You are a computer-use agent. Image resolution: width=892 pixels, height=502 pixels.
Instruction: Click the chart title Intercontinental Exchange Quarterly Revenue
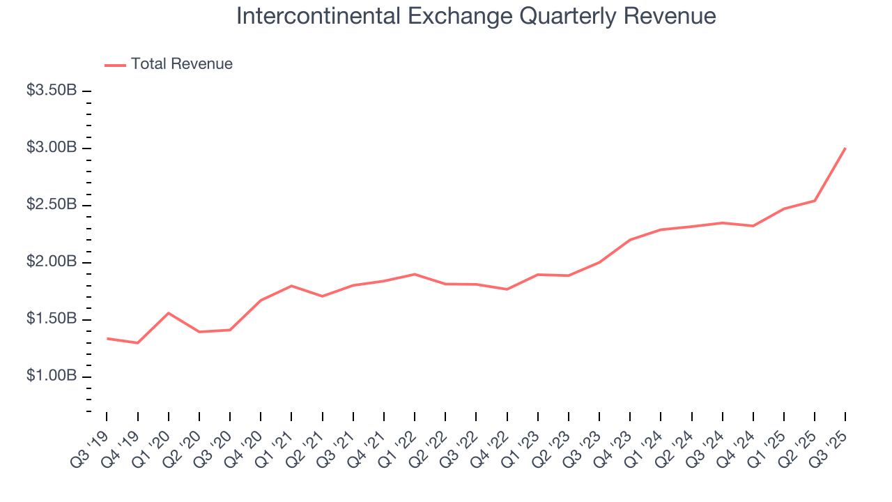(476, 15)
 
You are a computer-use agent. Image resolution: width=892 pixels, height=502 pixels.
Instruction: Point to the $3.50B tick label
(52, 91)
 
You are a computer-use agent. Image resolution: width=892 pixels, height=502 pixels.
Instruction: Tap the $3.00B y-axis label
(52, 148)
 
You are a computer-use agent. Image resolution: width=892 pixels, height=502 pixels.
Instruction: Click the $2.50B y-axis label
(52, 205)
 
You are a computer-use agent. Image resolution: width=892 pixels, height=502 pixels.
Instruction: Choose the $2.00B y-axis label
(52, 262)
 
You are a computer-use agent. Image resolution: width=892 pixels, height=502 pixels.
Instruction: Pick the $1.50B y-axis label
(52, 319)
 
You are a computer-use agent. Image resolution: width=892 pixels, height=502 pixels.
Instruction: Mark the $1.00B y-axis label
(52, 376)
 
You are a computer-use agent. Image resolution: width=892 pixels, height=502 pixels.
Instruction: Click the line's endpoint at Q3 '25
(845, 149)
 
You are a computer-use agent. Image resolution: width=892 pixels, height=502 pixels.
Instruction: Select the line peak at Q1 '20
(168, 313)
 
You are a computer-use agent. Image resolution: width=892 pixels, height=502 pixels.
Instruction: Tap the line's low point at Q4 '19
(137, 343)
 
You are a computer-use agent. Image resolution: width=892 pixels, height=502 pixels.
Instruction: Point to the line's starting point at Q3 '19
(107, 338)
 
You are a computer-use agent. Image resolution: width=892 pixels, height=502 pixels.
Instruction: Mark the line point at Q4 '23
(630, 240)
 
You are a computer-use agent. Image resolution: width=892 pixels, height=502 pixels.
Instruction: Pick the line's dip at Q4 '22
(507, 289)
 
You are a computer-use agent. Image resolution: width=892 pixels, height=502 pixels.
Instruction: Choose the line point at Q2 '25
(815, 201)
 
